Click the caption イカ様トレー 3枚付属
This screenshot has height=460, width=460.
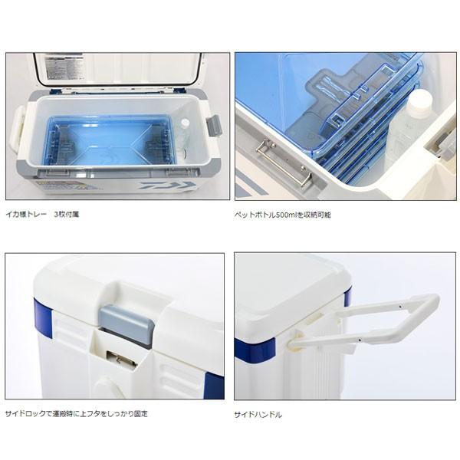42,214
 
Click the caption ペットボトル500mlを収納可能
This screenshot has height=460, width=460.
283,215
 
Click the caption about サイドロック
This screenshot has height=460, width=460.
76,414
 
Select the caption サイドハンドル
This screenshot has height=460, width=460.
258,415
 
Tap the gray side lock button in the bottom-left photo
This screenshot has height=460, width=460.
127,324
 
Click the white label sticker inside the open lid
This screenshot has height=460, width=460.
63,66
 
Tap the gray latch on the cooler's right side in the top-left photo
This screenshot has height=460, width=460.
214,126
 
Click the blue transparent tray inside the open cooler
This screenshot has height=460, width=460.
109,141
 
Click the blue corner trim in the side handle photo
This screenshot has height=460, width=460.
255,350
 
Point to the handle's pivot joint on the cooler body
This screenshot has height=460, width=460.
296,340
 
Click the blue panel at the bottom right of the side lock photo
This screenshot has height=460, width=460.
214,385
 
